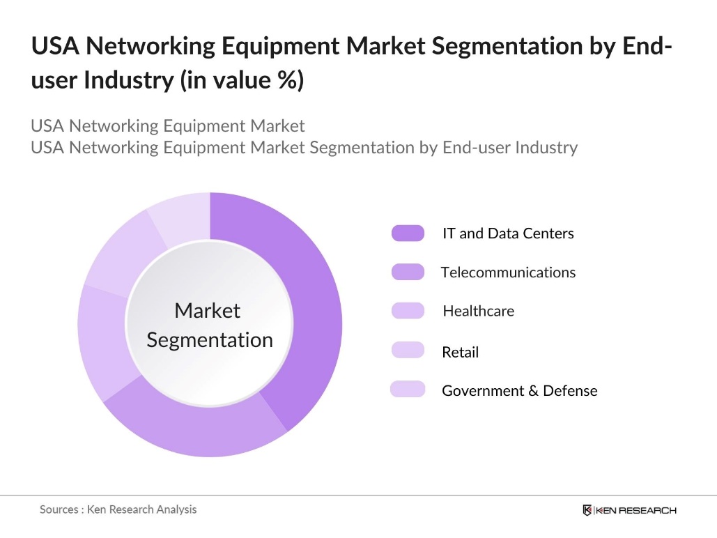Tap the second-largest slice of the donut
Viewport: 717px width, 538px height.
coord(195,425)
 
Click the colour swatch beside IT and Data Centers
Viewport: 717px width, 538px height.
coord(408,233)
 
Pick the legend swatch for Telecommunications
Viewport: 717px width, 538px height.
coord(408,272)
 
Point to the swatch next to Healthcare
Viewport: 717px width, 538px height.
coord(408,311)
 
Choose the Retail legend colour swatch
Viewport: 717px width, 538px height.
coord(408,351)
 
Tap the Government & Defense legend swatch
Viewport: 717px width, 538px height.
coord(408,390)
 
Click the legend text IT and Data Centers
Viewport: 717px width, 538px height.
coord(508,233)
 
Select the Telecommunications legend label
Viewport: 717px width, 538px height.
coord(508,272)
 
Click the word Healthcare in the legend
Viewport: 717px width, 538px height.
coord(478,311)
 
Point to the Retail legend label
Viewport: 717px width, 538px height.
coord(460,353)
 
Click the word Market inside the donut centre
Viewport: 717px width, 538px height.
coord(207,311)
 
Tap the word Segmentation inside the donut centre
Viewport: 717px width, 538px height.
coord(210,340)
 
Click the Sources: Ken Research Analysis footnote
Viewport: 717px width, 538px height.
coord(118,509)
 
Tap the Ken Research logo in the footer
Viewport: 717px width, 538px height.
coord(629,510)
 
